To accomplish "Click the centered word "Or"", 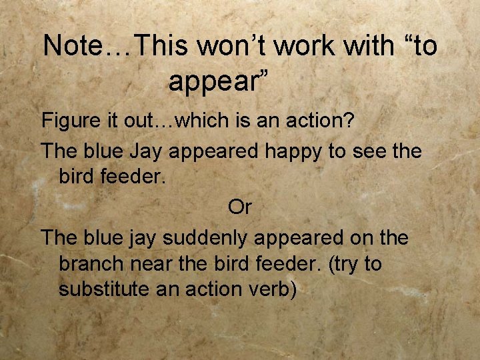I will [239, 207].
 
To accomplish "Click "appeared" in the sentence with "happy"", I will [212, 153].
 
